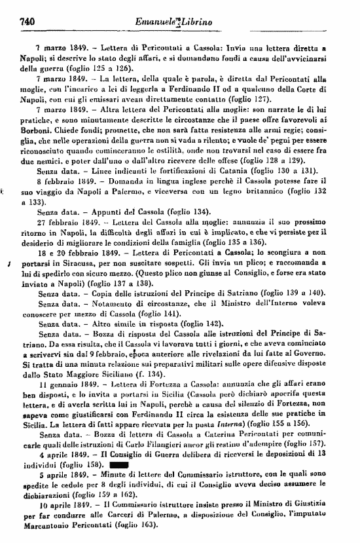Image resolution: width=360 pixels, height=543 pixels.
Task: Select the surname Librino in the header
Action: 197,24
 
